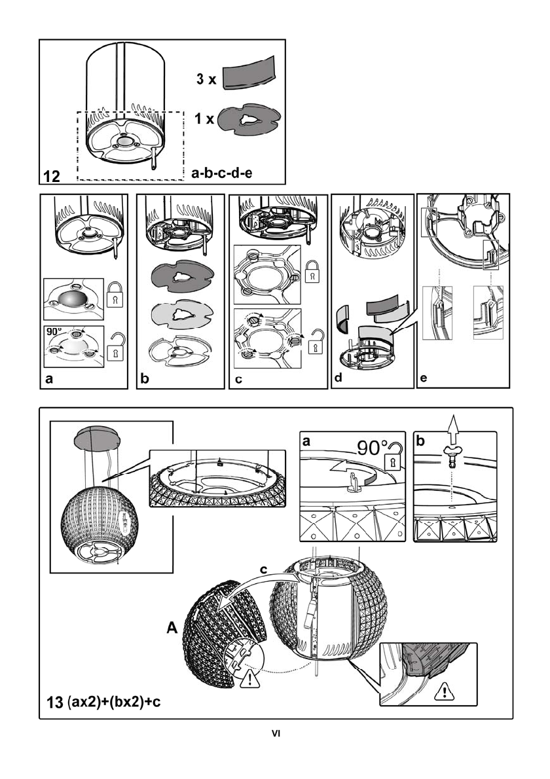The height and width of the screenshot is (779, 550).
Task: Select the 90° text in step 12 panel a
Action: pyautogui.click(x=54, y=333)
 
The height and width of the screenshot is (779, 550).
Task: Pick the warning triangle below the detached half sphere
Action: pyautogui.click(x=249, y=680)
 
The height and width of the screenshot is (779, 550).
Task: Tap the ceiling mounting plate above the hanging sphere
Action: pyautogui.click(x=97, y=437)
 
